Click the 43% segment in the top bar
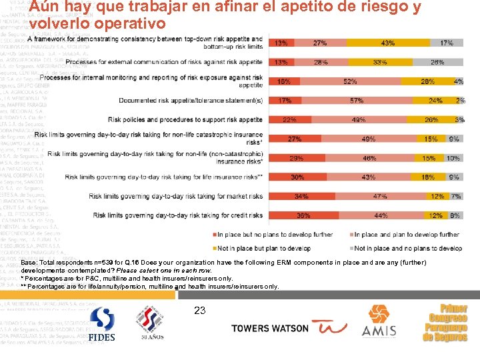[387, 43]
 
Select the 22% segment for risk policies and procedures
[289, 120]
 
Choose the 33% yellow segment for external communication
[380, 62]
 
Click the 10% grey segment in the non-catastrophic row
[453, 159]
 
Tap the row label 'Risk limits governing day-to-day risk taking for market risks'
[176, 197]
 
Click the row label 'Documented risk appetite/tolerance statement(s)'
[191, 101]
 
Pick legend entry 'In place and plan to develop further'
[407, 235]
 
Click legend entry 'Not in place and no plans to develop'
[407, 248]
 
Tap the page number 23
[199, 310]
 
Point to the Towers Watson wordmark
[270, 328]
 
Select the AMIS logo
[379, 325]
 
